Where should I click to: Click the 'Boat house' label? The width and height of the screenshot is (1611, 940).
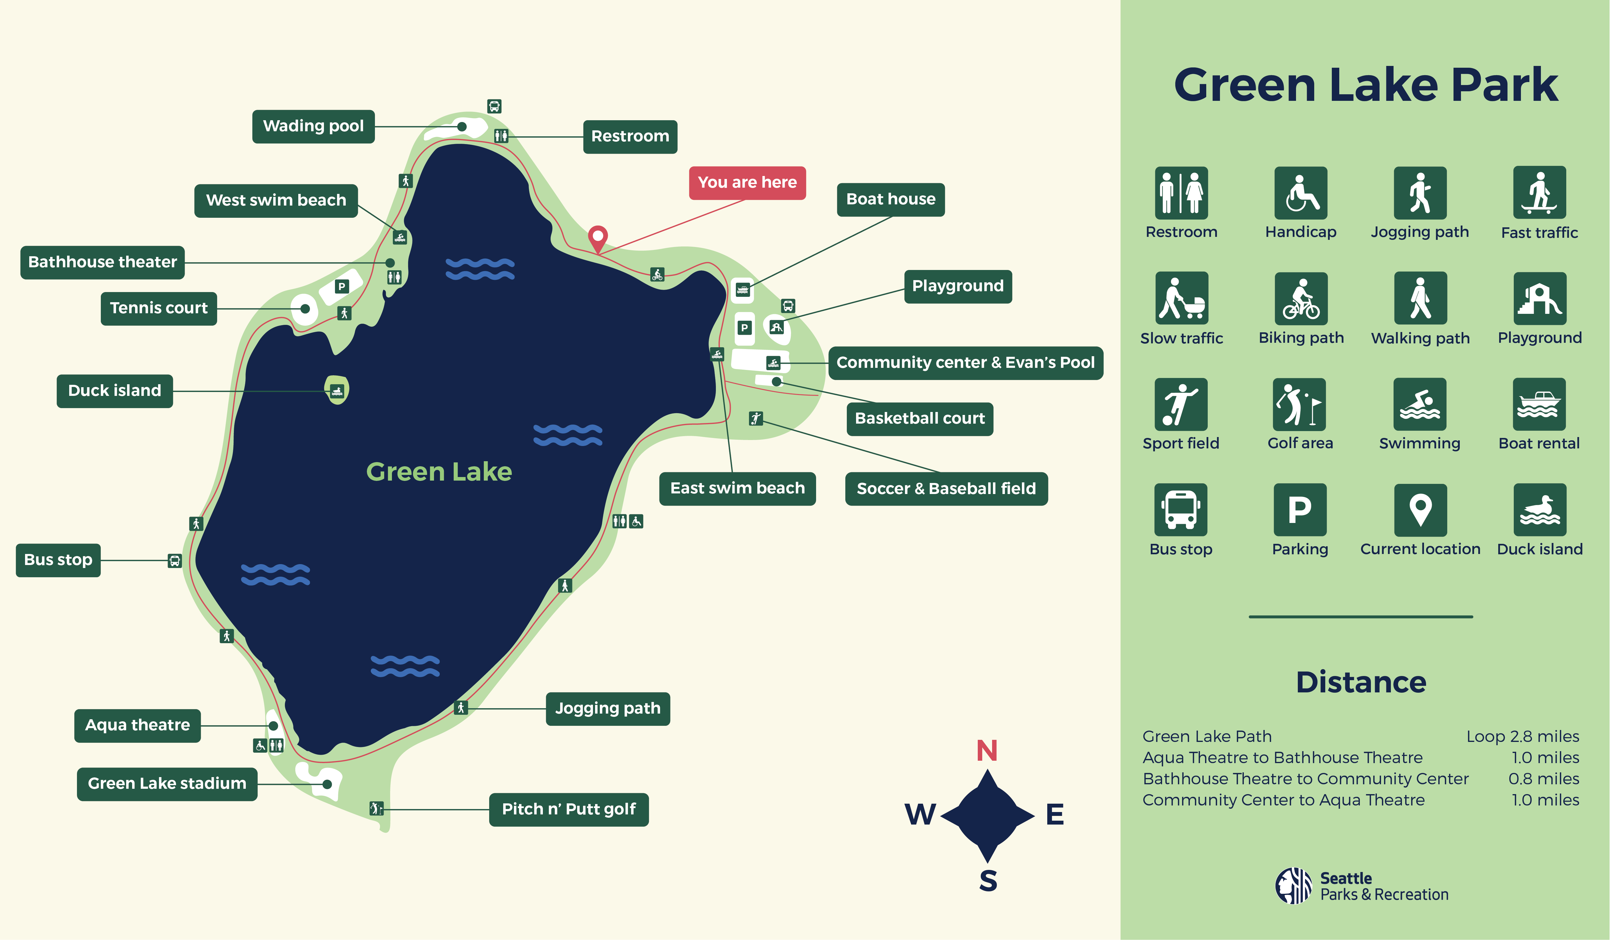891,200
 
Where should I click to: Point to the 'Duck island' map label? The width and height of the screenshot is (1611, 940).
115,391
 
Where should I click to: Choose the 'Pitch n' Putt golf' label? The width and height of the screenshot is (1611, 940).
568,810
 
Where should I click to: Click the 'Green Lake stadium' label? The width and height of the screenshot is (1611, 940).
167,784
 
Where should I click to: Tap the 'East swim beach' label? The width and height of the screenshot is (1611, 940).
737,489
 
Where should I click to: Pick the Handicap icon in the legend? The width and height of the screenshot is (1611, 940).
1300,193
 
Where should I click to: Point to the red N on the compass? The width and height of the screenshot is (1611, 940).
987,751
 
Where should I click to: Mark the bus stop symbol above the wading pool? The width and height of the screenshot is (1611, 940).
494,106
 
